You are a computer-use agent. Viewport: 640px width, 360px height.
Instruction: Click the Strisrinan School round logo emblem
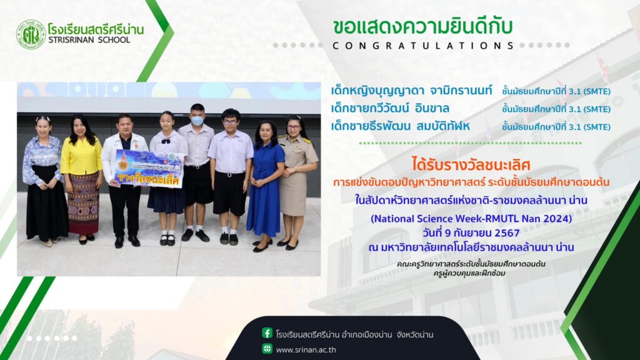[x=31, y=35]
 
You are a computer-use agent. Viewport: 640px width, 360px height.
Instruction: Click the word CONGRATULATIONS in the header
[x=423, y=46]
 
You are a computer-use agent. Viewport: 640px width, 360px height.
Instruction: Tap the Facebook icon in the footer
[x=267, y=333]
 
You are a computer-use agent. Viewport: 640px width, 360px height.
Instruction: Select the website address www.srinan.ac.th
[x=306, y=350]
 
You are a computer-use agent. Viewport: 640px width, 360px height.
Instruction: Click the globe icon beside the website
[x=267, y=349]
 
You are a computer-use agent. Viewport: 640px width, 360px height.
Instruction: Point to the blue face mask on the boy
[x=197, y=121]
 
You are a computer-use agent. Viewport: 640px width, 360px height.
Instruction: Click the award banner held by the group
[x=149, y=168]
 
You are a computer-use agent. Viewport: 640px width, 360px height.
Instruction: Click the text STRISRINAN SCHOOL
[x=89, y=40]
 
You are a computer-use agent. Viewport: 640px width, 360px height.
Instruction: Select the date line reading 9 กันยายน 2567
[x=471, y=233]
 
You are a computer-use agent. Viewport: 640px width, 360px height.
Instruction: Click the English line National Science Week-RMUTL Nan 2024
[x=471, y=219]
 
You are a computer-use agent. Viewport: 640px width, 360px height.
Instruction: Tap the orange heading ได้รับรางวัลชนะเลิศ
[x=471, y=165]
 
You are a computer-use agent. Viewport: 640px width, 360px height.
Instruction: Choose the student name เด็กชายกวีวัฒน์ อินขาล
[x=390, y=109]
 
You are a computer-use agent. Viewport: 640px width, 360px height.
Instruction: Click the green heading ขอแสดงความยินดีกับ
[x=422, y=26]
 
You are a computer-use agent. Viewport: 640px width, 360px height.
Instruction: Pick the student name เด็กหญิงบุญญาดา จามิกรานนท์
[x=411, y=90]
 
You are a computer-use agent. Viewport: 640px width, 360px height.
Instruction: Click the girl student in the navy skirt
[x=167, y=178]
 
